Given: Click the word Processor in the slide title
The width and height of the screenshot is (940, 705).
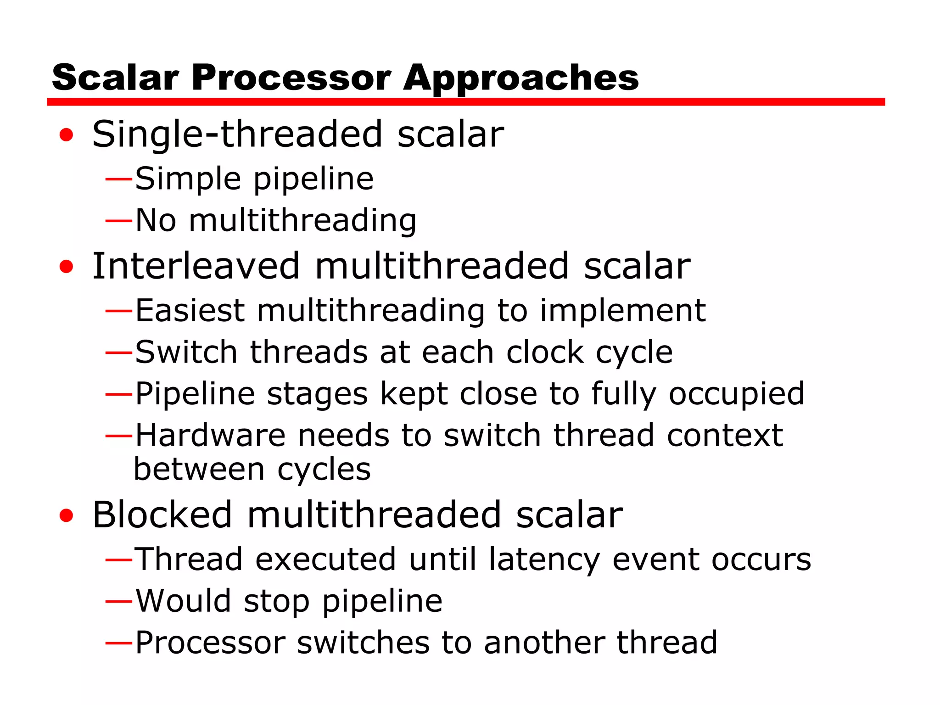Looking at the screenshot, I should pos(291,78).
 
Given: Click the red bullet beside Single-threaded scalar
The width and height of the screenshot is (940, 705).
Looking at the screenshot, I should pos(66,135).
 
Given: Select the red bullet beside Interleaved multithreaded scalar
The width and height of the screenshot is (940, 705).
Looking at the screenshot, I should pos(66,266).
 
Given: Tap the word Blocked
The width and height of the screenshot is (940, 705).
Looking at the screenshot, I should pos(162,515).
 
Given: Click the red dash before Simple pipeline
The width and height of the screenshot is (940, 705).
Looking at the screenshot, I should pos(119,179).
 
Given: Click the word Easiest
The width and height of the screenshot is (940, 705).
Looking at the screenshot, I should pos(190,311).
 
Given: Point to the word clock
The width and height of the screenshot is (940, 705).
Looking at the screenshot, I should pos(544,352).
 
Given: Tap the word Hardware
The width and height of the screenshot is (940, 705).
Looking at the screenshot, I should pos(210,435).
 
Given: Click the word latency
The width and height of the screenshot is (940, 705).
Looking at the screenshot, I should pos(544,560).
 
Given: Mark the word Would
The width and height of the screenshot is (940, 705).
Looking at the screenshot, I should pos(183,601).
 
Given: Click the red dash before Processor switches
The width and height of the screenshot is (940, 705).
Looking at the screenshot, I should pos(119,643).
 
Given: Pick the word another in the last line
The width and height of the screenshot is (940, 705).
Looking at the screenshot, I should pos(544,643).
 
